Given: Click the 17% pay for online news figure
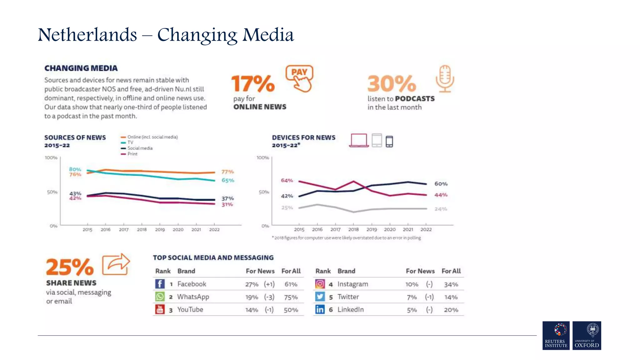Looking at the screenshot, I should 253,84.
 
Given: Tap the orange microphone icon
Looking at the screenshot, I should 445,78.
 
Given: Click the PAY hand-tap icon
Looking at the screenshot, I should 299,78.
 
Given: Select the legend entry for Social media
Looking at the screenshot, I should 140,148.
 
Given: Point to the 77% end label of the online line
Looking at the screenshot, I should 227,172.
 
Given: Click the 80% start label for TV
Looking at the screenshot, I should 75,169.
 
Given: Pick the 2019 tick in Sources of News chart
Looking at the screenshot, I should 160,230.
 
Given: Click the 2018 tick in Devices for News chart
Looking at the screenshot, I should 353,229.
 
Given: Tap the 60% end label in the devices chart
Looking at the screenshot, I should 441,184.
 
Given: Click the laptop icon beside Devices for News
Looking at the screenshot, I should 359,140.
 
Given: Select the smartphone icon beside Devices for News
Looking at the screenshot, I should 389,142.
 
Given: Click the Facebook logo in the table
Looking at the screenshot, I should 160,284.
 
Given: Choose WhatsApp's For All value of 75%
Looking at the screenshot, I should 291,297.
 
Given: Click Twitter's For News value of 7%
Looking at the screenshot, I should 412,297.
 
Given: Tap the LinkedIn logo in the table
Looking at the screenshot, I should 320,309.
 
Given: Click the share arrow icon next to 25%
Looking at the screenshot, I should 116,264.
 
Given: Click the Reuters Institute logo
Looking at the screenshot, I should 556,335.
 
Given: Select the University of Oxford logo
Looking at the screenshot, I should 587,335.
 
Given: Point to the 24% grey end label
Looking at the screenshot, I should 441,209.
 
